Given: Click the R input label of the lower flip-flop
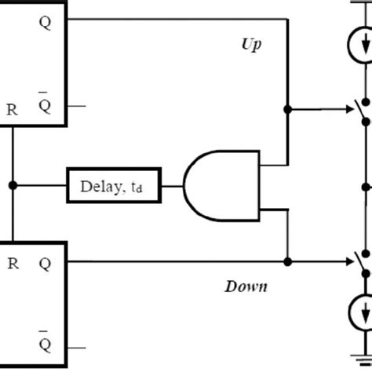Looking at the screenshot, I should [x=13, y=264].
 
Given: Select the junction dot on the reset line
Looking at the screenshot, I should [x=13, y=186].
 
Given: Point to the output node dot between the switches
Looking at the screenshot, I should [x=364, y=187].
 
